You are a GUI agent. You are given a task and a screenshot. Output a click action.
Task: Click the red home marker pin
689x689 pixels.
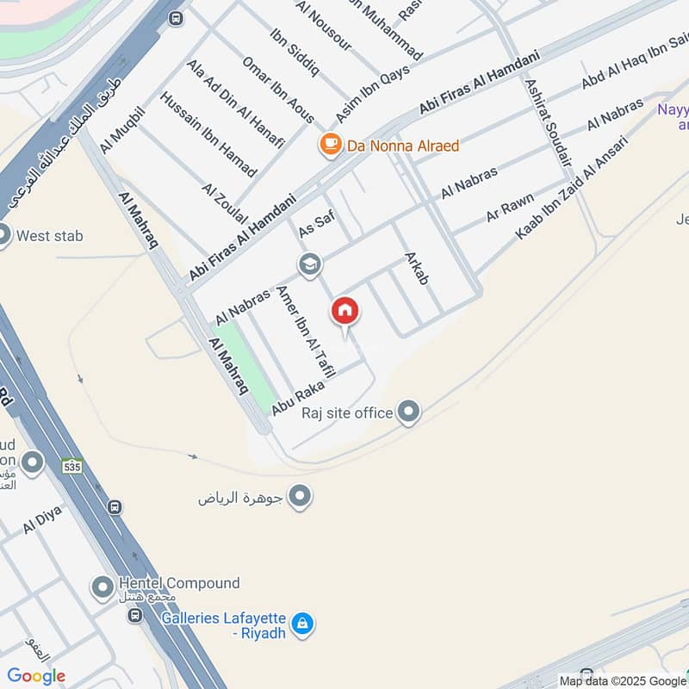click(x=345, y=311)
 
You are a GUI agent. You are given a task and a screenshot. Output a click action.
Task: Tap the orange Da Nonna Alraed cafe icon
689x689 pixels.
click(x=330, y=145)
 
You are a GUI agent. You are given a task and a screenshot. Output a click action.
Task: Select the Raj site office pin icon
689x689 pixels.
click(x=409, y=413)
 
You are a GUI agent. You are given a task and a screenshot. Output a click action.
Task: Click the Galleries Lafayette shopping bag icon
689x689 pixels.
click(x=301, y=624)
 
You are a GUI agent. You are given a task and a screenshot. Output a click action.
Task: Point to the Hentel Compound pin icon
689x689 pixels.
click(x=102, y=588)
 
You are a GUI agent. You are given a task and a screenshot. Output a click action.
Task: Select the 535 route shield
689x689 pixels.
click(x=72, y=465)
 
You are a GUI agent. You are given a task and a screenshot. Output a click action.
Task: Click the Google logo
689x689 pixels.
click(x=36, y=676)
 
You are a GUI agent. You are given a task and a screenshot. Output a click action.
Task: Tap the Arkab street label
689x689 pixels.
click(x=417, y=269)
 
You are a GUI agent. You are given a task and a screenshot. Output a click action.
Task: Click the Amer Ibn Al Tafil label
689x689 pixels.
click(x=299, y=326)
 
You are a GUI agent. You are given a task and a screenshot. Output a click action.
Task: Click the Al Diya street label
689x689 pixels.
click(x=42, y=520)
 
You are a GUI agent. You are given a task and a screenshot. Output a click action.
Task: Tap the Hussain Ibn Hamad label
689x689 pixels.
click(x=208, y=134)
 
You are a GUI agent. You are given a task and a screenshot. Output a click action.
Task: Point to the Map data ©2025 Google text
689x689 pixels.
click(x=623, y=680)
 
